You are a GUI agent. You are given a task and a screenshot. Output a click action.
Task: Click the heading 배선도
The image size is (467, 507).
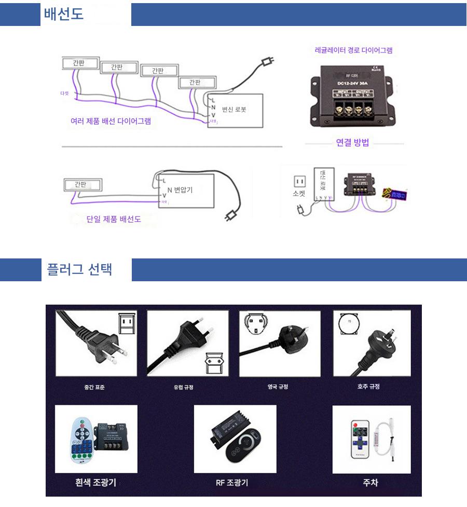[x=63, y=14]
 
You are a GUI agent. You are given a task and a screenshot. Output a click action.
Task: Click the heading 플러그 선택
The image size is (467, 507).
[x=79, y=270]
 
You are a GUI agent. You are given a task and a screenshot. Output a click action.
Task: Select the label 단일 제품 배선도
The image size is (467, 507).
[x=114, y=219]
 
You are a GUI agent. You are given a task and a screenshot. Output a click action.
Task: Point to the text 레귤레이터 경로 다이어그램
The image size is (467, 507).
[x=353, y=50]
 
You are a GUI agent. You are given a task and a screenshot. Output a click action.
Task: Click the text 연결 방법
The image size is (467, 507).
[x=352, y=143]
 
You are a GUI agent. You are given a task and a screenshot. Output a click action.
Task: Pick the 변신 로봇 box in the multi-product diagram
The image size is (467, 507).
[x=237, y=110]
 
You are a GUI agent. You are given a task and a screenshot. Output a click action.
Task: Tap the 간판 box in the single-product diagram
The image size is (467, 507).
[x=83, y=184]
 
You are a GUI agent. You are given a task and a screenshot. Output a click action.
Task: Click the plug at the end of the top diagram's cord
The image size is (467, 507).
[x=267, y=62]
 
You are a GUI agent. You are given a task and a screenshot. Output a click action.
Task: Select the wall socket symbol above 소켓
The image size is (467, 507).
[x=299, y=181]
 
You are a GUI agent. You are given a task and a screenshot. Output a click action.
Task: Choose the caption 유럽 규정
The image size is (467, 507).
[x=183, y=387]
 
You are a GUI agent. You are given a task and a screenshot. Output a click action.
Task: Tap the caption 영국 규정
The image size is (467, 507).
[x=277, y=387]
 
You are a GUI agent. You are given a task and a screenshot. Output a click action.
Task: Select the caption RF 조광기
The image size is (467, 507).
[x=232, y=483]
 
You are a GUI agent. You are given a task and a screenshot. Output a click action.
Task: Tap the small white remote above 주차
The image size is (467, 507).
[x=359, y=439]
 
